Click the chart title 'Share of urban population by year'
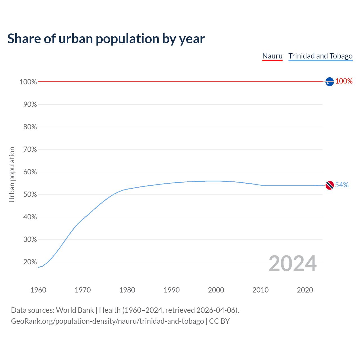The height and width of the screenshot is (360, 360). pos(106,39)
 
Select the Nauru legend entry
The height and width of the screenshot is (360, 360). pos(272,56)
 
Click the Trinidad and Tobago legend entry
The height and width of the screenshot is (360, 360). pos(320,56)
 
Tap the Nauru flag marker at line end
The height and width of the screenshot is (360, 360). pos(330,82)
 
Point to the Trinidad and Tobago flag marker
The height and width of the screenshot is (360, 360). pos(330,185)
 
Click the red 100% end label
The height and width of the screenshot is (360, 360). pos(344,81)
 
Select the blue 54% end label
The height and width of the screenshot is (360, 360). pos(342,185)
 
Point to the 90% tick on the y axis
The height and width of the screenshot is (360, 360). pos(30,105)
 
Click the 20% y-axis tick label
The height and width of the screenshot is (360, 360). pos(30,262)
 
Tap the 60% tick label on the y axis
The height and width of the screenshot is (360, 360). pos(30,172)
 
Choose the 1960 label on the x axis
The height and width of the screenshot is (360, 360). pos(38,290)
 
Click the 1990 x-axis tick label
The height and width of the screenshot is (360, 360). pos(172,290)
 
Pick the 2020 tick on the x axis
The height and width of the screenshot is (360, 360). pos(305,290)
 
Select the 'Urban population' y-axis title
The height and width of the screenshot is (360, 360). pos(12,174)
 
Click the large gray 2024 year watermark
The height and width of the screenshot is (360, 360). pos(292,264)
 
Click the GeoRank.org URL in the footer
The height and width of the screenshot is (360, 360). pos(107,321)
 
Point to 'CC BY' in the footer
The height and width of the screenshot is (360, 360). pos(219,321)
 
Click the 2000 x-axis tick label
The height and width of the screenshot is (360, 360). pos(216,290)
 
